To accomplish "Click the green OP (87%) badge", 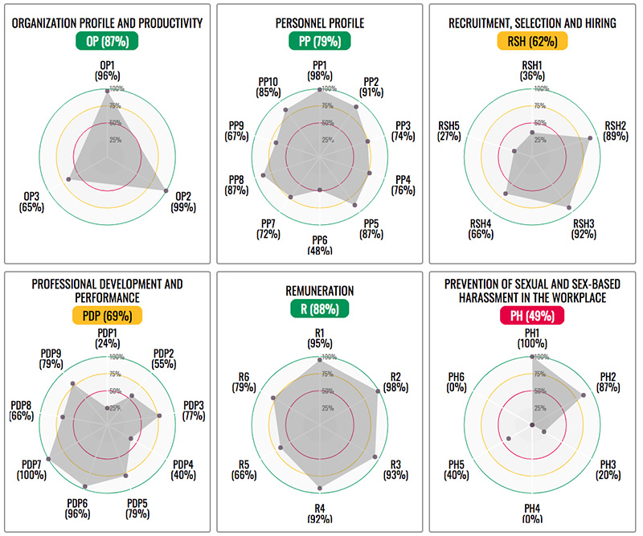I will tap(108, 41).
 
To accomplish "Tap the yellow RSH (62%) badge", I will tap(533, 41).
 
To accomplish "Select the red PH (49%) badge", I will tap(533, 317).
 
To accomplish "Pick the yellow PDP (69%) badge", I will tap(107, 317).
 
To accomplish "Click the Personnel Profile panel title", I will tap(320, 23).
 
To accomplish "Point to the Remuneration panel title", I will tap(320, 291).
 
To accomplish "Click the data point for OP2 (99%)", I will tap(166, 190).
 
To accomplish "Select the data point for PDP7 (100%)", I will tap(49, 458).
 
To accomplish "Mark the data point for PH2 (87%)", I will tap(584, 395).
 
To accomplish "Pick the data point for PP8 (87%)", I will tap(266, 174).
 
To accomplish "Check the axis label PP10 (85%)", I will tap(268, 87).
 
